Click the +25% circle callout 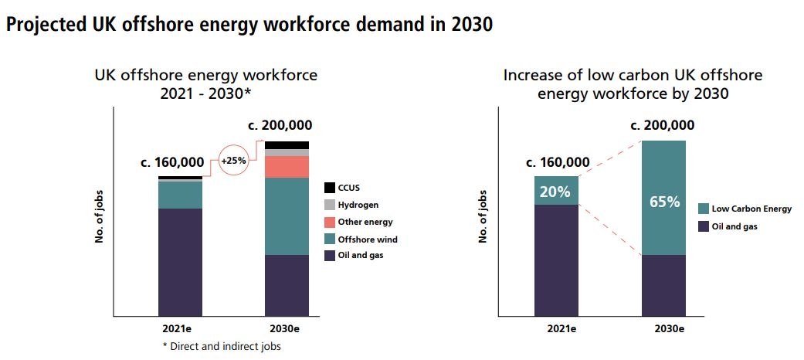pos(234,161)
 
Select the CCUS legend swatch pos(330,187)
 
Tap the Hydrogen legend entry pos(330,205)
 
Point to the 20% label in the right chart pos(555,191)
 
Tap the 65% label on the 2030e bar pos(663,202)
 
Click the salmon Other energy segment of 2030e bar pos(287,167)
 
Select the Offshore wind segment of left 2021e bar pos(180,195)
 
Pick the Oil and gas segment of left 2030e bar pos(287,285)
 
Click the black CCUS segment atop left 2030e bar pos(287,144)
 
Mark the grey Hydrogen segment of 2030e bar pos(287,152)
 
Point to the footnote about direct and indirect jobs pos(222,346)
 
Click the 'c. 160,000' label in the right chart pos(558,162)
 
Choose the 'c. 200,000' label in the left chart pos(280,126)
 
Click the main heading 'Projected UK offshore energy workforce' pos(249,25)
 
